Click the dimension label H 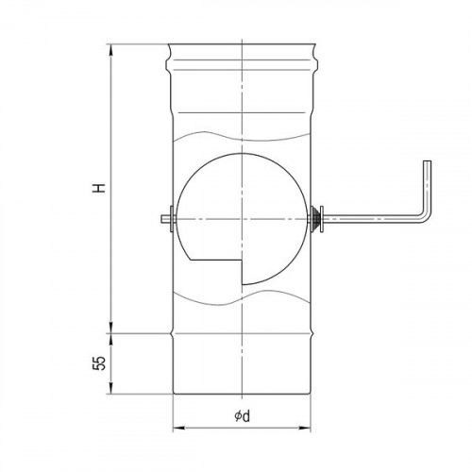point(99,188)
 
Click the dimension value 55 point(99,363)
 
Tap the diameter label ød point(243,416)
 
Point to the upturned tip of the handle point(428,161)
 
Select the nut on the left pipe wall point(171,219)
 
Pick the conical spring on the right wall point(315,219)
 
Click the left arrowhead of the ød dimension point(177,428)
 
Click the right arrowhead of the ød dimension point(305,428)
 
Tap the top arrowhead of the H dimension point(110,50)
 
